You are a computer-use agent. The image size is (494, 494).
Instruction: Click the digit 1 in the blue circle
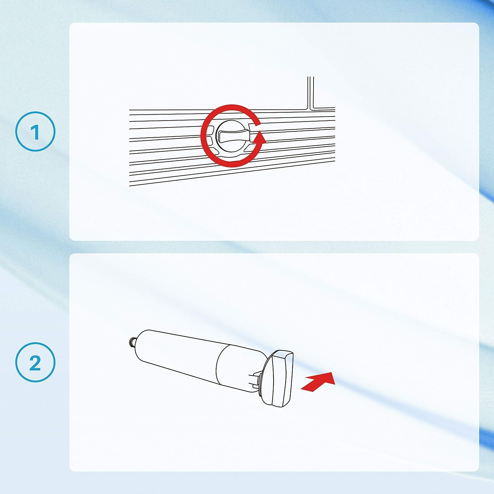pos(36,132)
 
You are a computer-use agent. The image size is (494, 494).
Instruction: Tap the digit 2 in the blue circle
pos(35,363)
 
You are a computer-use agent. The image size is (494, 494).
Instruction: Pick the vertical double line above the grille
pos(311,92)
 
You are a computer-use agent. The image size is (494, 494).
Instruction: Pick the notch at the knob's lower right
pos(249,149)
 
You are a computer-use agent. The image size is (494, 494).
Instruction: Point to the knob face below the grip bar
pos(233,147)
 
